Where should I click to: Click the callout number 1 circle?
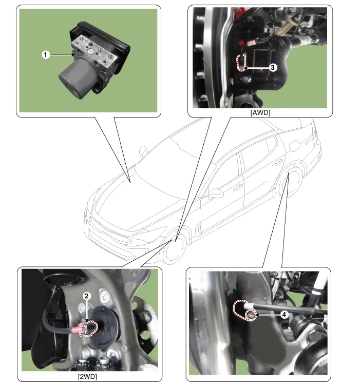(45, 54)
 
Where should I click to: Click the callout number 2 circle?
(86, 296)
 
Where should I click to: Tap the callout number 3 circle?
(272, 67)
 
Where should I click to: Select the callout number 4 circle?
(284, 315)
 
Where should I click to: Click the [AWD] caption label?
(260, 113)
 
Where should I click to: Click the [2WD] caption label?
(87, 377)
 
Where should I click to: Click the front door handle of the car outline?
(237, 187)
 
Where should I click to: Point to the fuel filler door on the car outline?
(294, 146)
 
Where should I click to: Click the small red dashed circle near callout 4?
(251, 315)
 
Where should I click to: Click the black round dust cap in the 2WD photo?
(104, 327)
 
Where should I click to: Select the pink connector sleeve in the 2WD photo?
(78, 330)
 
